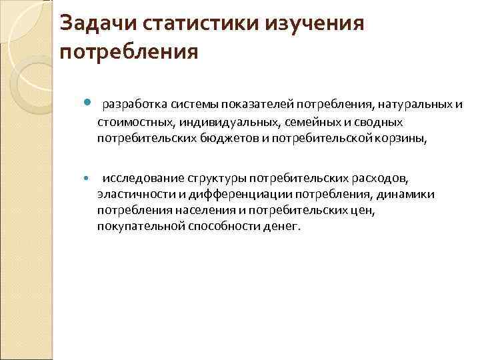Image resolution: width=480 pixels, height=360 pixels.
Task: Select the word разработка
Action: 134,105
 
